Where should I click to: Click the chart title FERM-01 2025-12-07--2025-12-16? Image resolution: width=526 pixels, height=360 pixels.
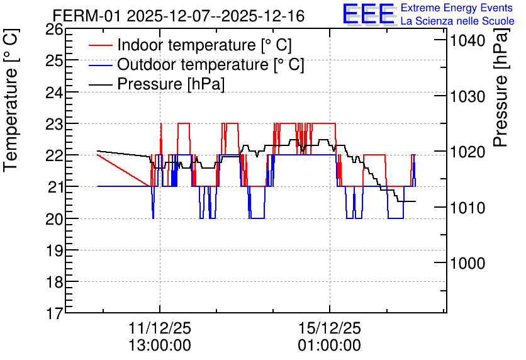click(x=179, y=16)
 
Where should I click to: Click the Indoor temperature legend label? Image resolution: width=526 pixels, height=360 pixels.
click(x=204, y=45)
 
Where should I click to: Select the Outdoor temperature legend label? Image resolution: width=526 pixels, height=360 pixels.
click(x=211, y=64)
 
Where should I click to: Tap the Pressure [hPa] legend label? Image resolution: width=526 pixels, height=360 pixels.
click(x=171, y=84)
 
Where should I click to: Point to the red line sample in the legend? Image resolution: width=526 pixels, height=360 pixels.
click(x=100, y=45)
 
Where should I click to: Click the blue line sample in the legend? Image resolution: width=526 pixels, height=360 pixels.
click(x=100, y=65)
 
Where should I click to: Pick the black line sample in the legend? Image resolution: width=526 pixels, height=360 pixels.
click(x=100, y=84)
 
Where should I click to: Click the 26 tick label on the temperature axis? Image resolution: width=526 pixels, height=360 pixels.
click(x=54, y=30)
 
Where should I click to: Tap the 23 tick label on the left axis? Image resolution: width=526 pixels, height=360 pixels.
click(x=54, y=124)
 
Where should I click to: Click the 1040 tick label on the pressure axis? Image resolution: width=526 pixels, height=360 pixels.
click(x=467, y=41)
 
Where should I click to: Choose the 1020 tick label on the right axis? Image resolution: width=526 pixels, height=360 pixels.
click(x=467, y=152)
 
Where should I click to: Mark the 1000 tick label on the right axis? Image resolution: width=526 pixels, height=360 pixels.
click(x=467, y=263)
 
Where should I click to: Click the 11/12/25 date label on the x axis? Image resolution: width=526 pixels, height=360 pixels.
click(x=160, y=328)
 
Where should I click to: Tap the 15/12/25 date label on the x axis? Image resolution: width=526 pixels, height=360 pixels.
click(x=330, y=328)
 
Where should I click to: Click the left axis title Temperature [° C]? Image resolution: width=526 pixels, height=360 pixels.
click(x=11, y=101)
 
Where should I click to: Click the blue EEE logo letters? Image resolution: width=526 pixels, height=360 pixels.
click(x=369, y=14)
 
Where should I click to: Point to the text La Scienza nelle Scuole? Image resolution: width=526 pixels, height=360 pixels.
click(x=457, y=21)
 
